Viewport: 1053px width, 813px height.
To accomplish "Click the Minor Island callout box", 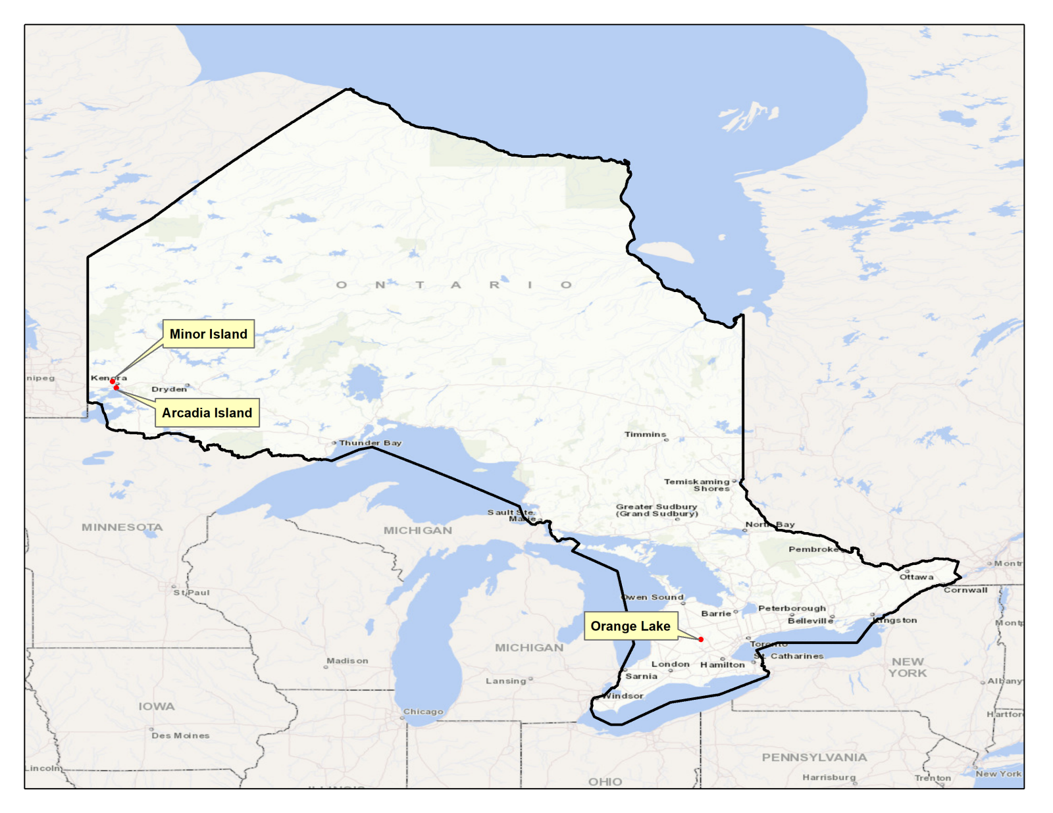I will click(x=208, y=334).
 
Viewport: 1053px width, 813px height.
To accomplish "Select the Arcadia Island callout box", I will click(x=207, y=413).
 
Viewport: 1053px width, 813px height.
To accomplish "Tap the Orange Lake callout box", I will click(x=630, y=626).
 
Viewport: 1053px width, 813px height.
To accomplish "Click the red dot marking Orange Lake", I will click(x=701, y=639).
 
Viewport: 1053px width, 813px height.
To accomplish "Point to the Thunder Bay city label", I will click(x=370, y=443).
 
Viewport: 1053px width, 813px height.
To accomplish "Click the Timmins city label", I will click(x=645, y=435).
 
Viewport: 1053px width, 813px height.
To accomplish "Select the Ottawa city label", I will click(x=916, y=577).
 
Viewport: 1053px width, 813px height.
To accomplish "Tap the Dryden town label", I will click(x=168, y=389).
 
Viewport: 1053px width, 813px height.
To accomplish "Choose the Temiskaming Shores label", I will click(x=697, y=485).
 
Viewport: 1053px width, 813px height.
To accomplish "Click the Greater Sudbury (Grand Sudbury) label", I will click(x=656, y=510).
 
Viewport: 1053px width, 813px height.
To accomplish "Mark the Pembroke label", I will click(x=813, y=549).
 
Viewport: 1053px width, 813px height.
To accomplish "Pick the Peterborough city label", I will click(x=792, y=608).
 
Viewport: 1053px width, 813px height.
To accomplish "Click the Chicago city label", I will click(x=423, y=712).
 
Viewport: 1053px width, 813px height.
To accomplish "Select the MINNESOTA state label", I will click(x=122, y=528).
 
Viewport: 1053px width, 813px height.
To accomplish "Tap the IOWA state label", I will click(x=157, y=706).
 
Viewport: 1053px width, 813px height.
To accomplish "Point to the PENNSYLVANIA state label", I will click(x=814, y=758).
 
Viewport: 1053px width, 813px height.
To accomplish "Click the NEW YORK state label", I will click(x=908, y=668).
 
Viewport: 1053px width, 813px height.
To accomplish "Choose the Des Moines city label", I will click(x=180, y=736).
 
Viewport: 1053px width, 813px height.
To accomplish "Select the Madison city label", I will click(x=347, y=661).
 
